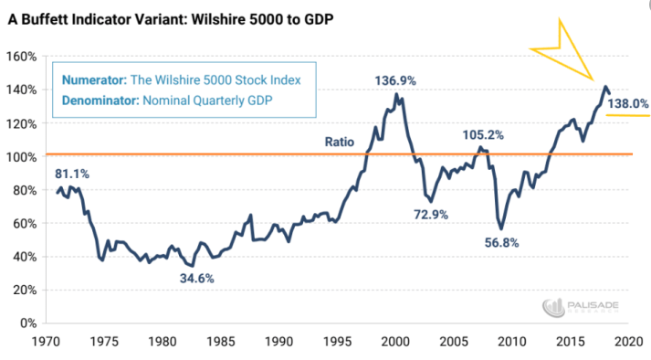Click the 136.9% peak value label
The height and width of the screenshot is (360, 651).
coord(395,80)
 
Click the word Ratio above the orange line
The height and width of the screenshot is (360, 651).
coord(340,142)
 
